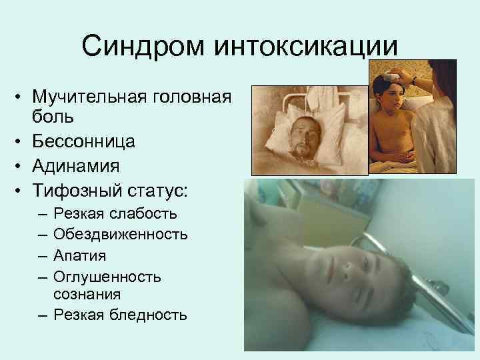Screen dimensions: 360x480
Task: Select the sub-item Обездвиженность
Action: click(121, 234)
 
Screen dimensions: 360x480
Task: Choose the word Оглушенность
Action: click(107, 276)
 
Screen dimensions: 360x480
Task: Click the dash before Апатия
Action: click(43, 255)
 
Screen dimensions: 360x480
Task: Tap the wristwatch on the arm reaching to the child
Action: click(415, 80)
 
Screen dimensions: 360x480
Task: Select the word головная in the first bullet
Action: click(193, 98)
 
